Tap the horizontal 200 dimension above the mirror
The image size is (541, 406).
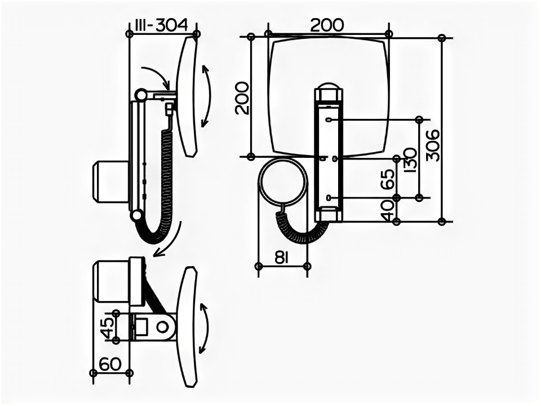(x=327, y=25)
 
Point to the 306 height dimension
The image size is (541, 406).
(x=433, y=145)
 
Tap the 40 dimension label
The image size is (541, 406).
(x=388, y=210)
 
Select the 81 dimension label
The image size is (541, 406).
(x=282, y=257)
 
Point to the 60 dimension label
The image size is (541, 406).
(x=111, y=364)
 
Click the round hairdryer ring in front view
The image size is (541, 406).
(x=283, y=186)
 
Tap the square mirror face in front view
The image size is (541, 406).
(x=293, y=90)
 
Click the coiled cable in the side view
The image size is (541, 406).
(x=166, y=186)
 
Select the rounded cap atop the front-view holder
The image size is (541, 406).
(x=329, y=91)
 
